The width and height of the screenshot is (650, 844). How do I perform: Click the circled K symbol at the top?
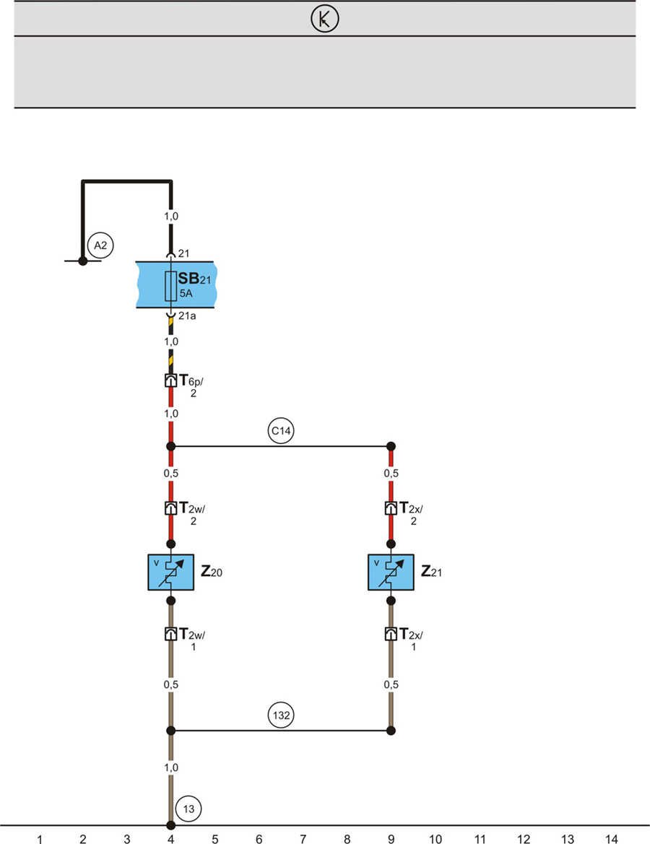coord(324,20)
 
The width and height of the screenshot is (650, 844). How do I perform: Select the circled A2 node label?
coord(101,245)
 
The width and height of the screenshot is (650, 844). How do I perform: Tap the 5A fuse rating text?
coord(186,294)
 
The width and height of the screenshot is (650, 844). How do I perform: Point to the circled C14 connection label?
coord(280,432)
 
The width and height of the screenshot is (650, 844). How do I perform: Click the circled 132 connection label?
coord(280,717)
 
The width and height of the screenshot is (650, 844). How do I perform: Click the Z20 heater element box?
coord(170,572)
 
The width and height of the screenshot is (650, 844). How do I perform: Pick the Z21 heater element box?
coord(391,572)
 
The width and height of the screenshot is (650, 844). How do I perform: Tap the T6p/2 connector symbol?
coord(170,380)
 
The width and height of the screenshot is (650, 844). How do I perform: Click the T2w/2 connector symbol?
coord(170,508)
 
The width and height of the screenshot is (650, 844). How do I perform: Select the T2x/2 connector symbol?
coord(391,508)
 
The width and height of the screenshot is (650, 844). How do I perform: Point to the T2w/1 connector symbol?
coord(170,634)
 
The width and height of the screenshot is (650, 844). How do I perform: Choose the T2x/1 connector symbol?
coord(391,634)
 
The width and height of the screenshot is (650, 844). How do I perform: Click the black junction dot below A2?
coord(82,261)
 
